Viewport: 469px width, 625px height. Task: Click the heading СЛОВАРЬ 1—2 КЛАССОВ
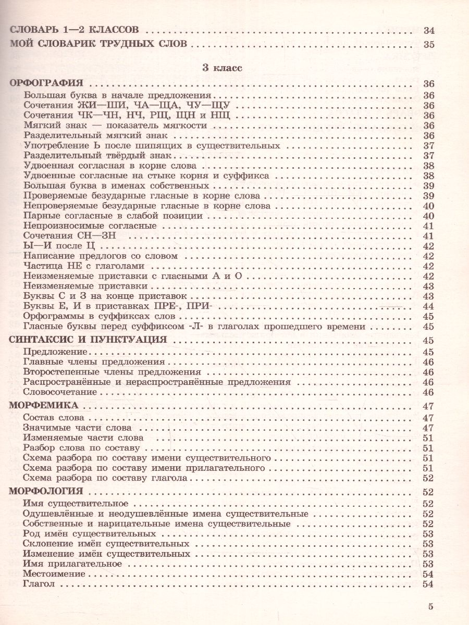tap(76, 31)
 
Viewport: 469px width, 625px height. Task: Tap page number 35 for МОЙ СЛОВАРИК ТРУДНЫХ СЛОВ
tap(429, 44)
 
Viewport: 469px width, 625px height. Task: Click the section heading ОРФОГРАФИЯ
tap(47, 83)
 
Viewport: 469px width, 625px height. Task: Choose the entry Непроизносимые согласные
tap(90, 226)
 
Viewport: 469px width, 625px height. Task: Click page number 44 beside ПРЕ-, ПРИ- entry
tap(429, 306)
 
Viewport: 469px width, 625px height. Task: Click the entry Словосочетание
tap(60, 392)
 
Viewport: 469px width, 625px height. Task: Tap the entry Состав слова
tap(54, 418)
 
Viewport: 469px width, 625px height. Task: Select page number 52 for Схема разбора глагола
tap(429, 478)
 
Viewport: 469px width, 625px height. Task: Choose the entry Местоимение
tap(54, 574)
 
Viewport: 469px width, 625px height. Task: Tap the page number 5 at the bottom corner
tap(430, 606)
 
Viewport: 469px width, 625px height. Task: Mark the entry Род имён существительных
tap(90, 534)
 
